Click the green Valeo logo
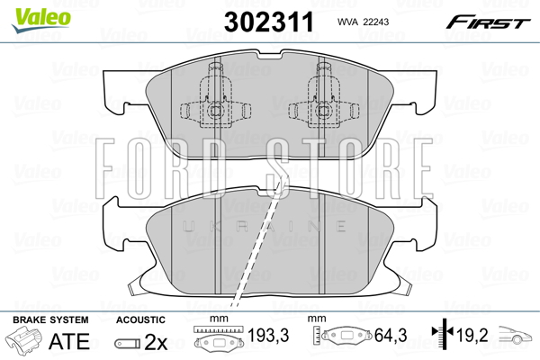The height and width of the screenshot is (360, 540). (x=41, y=20)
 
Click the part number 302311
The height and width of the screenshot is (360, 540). (x=269, y=22)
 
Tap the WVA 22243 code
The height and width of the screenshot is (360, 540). (x=363, y=22)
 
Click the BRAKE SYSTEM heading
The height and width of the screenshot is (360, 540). (x=50, y=319)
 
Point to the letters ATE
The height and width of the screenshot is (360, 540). (x=69, y=341)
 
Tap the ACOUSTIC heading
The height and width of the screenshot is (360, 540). (x=140, y=319)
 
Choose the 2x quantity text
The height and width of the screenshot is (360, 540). (x=156, y=342)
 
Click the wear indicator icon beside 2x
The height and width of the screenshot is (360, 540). (x=128, y=343)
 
